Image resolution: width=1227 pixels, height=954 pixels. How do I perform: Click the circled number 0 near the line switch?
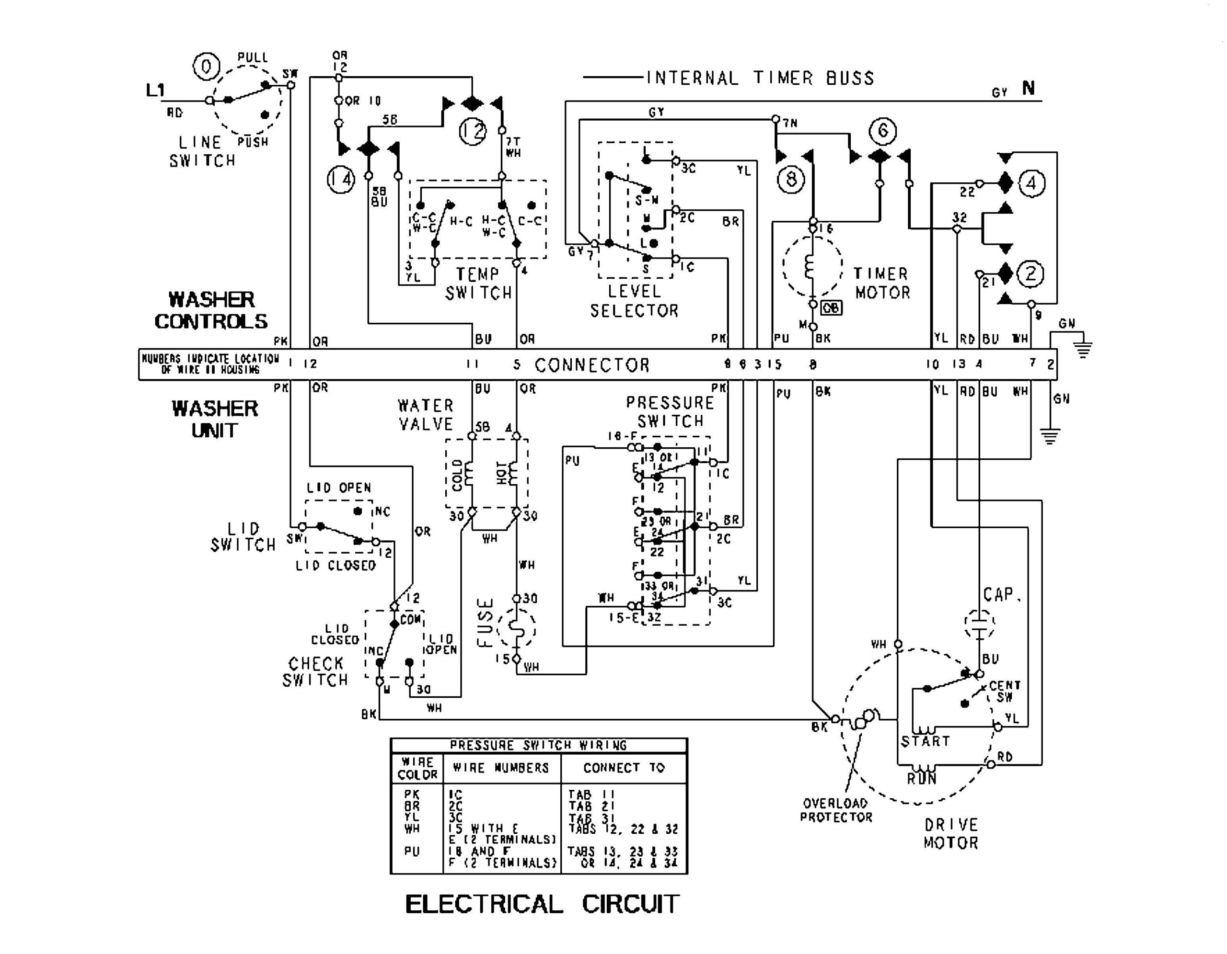pos(206,67)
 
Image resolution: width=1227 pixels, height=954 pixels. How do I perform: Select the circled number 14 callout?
pos(341,180)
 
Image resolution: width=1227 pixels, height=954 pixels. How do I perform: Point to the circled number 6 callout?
pos(882,131)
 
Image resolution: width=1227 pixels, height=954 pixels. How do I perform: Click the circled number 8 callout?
pos(791,180)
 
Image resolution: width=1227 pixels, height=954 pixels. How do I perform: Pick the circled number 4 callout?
pos(1031,183)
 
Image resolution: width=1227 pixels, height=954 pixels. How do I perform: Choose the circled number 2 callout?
pos(1030,274)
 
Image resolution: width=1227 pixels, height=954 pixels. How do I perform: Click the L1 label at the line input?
pos(156,90)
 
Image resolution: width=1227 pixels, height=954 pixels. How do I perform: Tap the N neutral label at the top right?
pos(1028,88)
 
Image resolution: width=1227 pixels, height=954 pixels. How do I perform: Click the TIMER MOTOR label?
pos(881,283)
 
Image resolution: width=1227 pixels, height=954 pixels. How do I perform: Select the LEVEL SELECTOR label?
pos(634,301)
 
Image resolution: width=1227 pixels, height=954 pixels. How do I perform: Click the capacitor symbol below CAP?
pos(979,622)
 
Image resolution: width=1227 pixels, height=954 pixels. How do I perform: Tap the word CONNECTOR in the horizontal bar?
pos(591,365)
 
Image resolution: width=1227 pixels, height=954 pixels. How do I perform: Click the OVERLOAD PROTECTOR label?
pos(836,810)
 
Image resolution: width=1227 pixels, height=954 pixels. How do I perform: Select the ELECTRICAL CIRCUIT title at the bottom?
pos(542,905)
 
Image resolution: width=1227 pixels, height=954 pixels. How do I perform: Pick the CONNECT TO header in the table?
pos(624,768)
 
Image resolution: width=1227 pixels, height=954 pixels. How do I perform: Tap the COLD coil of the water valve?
pos(466,475)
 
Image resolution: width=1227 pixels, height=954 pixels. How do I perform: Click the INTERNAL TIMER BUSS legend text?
pos(760,78)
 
